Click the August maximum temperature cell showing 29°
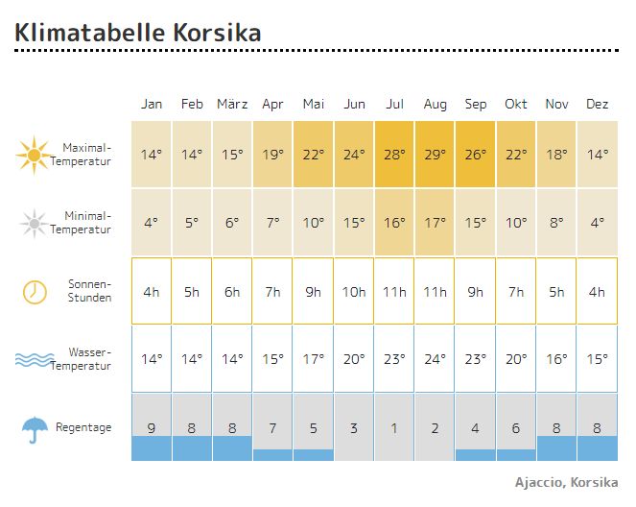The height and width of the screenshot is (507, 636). coord(435,154)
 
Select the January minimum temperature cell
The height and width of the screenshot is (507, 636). coord(152,223)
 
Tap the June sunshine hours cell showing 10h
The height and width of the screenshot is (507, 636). coord(354,291)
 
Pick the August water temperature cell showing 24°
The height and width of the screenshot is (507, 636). coord(435,359)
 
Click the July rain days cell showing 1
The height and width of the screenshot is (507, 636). coord(394,427)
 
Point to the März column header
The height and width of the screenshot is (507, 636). coord(232,104)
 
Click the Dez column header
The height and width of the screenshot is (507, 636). coord(597,104)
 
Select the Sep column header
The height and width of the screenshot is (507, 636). coord(475,104)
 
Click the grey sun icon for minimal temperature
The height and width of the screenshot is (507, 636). coord(34,224)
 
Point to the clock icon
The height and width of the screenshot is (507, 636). coord(35,292)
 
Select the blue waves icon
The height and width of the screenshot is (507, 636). coord(35,360)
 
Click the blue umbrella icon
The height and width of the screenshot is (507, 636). coord(35,429)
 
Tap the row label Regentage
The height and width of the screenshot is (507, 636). coord(83,427)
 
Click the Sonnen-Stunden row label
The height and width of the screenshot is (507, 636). coord(89,291)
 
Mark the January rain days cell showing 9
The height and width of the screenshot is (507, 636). coord(152,427)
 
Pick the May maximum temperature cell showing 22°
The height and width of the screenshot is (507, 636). coord(314,154)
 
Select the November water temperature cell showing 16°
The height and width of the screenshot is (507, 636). coord(556,359)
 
